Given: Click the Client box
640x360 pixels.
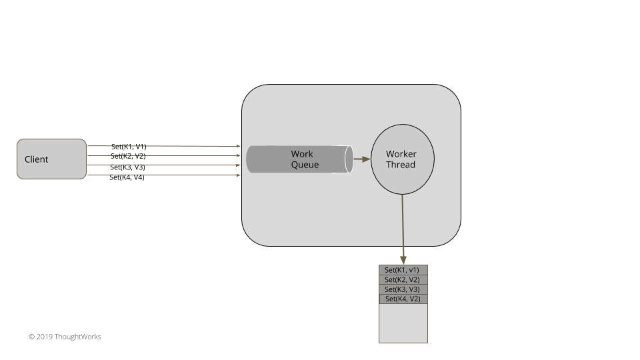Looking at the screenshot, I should [51, 159].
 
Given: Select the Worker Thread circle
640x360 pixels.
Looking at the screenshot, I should [402, 159].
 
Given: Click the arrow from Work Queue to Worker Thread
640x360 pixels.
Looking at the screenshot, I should [361, 159].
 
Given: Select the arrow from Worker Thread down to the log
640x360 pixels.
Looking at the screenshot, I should [403, 227].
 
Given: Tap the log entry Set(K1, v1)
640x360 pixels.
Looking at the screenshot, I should [403, 270].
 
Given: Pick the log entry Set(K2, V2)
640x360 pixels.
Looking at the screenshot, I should [403, 280].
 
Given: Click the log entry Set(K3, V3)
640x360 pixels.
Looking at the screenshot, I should [403, 289].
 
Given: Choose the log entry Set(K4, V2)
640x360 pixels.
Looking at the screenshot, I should [403, 299].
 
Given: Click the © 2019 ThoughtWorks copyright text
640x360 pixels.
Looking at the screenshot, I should [65, 337].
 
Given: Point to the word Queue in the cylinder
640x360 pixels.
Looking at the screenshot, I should [305, 165].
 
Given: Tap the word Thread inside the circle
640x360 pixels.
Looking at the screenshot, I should [401, 165].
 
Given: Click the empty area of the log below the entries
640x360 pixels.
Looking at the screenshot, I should [403, 323].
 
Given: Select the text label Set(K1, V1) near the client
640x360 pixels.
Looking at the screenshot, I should [129, 146].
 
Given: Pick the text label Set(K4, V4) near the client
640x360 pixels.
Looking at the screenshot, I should [127, 177].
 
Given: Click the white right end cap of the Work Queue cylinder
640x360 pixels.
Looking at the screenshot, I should [349, 159].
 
